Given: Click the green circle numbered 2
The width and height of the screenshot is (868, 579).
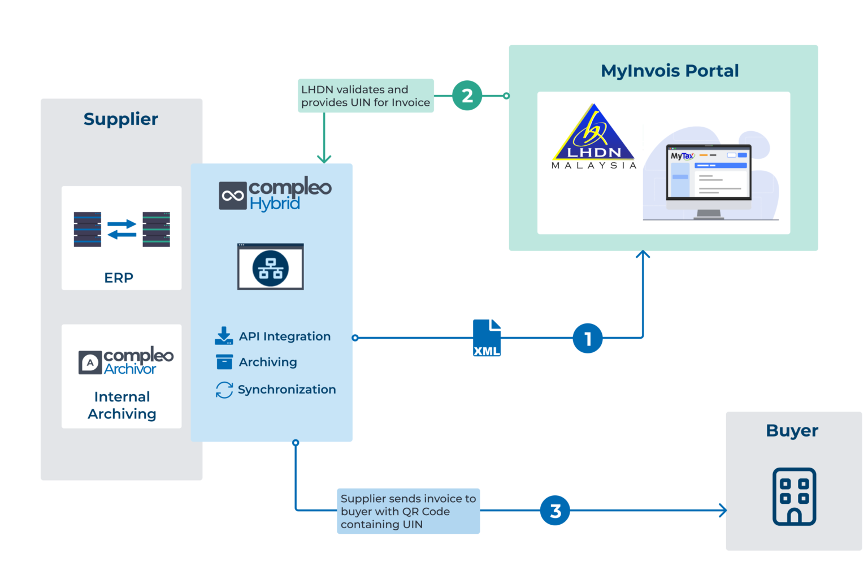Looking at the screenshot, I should coord(467,96).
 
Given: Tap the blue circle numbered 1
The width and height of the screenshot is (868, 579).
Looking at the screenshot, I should coord(587,338).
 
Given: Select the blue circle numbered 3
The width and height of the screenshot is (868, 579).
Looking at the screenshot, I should coord(555,511).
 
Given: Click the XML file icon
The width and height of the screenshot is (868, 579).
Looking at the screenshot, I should coord(487,338).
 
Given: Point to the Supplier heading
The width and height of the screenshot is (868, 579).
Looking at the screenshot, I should coord(121,119).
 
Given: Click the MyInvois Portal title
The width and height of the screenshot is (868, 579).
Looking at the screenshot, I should coord(670,71).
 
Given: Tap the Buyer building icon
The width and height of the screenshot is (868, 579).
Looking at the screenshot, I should coord(794,496).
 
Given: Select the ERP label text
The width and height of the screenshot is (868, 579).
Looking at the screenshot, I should coord(119,278).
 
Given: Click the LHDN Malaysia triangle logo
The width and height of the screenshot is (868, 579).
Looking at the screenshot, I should coord(594,136).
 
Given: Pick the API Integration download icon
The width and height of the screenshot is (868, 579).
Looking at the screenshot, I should coord(224,336).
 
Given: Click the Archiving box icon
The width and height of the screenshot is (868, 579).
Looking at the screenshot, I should coord(224,362).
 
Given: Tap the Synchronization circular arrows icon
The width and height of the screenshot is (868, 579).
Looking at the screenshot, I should coord(224,390).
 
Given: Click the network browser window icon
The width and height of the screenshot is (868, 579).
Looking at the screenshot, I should coord(271,267).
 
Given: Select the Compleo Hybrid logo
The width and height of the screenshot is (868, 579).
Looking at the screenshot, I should coord(275,194).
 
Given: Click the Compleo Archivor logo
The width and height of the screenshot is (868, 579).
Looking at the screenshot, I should coord(126,361).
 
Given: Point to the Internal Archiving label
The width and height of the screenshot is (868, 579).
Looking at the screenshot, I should coord(122,405).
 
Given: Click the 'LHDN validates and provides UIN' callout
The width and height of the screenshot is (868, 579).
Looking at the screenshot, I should coord(366,96).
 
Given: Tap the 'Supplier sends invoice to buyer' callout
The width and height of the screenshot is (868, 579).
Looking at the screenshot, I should coord(408,511).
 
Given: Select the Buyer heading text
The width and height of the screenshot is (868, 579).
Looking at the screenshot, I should coord(792,431).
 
